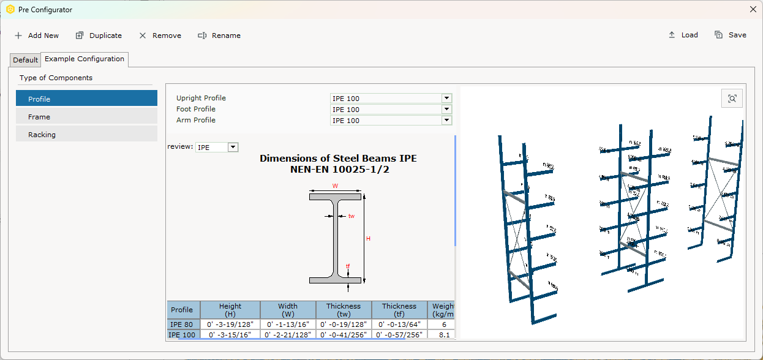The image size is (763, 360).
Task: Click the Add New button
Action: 37,36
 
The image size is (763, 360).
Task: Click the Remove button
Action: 160,36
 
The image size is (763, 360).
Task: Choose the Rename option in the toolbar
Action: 219,36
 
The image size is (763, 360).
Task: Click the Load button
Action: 683,35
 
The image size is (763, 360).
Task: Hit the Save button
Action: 731,35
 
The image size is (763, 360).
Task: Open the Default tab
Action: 25,60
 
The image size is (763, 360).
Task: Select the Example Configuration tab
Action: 85,59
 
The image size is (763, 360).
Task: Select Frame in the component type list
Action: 86,116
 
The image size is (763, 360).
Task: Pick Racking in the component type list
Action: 86,134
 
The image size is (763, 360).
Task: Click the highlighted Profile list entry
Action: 86,99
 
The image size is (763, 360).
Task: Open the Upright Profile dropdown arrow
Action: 446,98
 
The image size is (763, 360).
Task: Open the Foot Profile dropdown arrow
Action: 446,109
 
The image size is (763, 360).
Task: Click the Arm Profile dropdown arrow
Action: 446,120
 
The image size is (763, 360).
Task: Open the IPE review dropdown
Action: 232,147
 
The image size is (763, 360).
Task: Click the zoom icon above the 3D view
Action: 732,98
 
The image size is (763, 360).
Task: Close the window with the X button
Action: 753,9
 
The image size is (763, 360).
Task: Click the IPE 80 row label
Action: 182,324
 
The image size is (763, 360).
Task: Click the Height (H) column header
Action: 230,310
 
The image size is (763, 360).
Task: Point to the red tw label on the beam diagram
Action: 351,216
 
